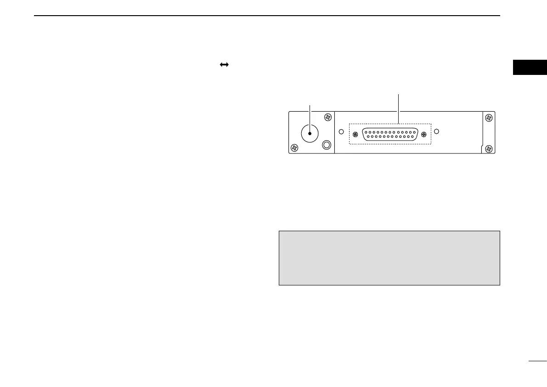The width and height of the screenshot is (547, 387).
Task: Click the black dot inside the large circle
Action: pyautogui.click(x=310, y=133)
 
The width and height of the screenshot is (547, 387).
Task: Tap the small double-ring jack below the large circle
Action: pyautogui.click(x=326, y=145)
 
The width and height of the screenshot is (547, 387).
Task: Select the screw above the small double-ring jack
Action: pyautogui.click(x=327, y=118)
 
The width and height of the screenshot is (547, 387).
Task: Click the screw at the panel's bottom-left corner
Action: pyautogui.click(x=294, y=148)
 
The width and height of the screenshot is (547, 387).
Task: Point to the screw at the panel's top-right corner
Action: pyautogui.click(x=489, y=118)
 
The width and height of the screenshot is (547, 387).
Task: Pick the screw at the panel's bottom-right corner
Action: pyautogui.click(x=489, y=148)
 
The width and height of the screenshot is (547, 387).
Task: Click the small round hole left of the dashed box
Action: pyautogui.click(x=341, y=132)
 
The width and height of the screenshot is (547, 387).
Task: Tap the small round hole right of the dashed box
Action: pyautogui.click(x=437, y=131)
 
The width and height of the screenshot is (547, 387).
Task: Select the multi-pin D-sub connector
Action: pyautogui.click(x=389, y=134)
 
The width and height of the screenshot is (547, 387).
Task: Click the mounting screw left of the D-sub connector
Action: pyautogui.click(x=355, y=134)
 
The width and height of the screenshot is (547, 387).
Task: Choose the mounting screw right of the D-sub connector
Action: pyautogui.click(x=423, y=134)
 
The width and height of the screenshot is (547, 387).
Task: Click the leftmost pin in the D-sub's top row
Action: pyautogui.click(x=366, y=132)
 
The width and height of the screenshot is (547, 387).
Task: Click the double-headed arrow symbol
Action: pyautogui.click(x=224, y=65)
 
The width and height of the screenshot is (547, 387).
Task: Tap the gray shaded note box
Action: pyautogui.click(x=389, y=258)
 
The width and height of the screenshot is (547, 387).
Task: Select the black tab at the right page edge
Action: pyautogui.click(x=530, y=67)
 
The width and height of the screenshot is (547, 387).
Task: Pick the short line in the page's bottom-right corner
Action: pyautogui.click(x=537, y=362)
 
